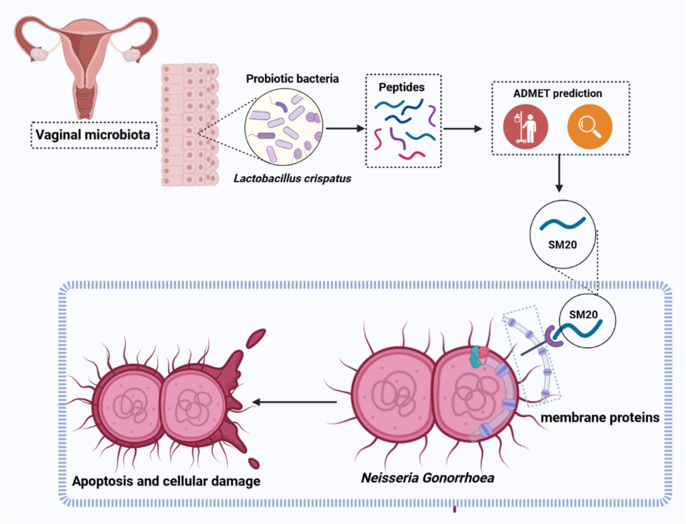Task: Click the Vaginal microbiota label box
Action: pos(94,135)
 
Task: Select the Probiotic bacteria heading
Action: pos(293,79)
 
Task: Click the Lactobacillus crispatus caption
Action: pos(292,178)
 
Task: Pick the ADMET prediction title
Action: pos(561,93)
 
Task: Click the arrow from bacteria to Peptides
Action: pos(345,128)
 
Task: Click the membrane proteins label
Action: pos(599,418)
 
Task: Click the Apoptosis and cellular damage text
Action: pos(166,481)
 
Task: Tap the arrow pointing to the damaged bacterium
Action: pos(294,402)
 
